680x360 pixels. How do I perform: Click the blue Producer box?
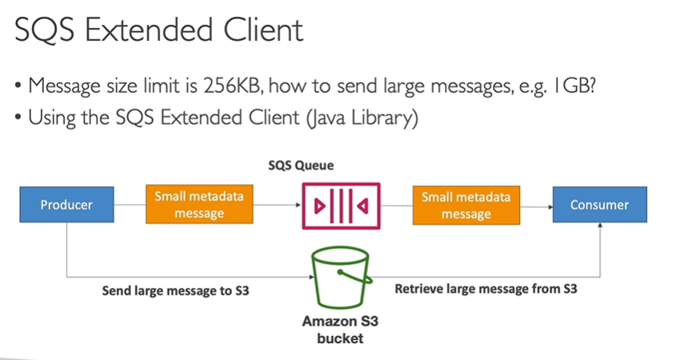(66, 205)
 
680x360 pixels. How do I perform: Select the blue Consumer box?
(599, 205)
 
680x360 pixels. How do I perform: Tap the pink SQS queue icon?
(339, 205)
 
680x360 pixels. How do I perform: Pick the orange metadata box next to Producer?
(199, 205)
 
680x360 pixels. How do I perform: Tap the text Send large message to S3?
(175, 290)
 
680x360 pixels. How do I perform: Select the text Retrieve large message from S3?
(486, 289)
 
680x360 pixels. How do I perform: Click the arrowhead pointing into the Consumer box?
(550, 206)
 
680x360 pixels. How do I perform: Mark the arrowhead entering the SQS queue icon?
(297, 206)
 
